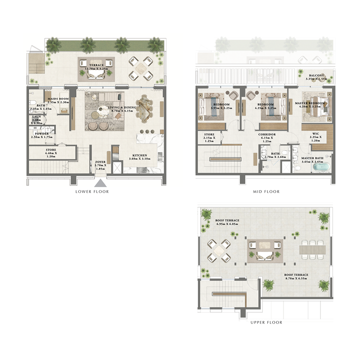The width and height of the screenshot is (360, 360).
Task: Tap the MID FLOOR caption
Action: (x=266, y=192)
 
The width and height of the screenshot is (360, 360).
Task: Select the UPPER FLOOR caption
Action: (x=266, y=322)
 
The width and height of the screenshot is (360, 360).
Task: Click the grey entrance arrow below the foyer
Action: (x=99, y=183)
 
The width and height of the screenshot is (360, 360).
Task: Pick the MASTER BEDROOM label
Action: (x=307, y=103)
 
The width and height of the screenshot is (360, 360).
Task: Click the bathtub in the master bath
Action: (x=321, y=166)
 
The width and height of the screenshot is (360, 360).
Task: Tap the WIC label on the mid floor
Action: (x=315, y=134)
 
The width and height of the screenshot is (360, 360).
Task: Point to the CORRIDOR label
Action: (x=267, y=134)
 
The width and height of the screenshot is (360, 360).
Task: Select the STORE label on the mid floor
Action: (x=209, y=134)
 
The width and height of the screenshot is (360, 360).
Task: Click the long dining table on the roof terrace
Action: (x=311, y=249)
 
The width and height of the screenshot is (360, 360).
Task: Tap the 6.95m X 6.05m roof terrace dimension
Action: (x=227, y=224)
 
